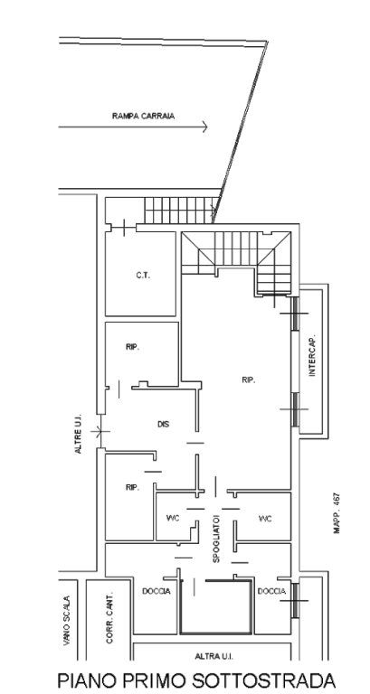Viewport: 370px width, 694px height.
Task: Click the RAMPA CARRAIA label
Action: tap(143, 116)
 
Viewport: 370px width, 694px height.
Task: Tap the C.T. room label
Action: tap(143, 276)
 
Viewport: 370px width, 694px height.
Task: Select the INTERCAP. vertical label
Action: tap(312, 355)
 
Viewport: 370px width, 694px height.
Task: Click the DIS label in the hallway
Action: tap(164, 424)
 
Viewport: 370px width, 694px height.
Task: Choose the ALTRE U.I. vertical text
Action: tap(78, 434)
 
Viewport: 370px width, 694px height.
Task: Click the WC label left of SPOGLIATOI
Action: tap(173, 519)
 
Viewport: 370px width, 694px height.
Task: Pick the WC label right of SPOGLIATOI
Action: tap(265, 519)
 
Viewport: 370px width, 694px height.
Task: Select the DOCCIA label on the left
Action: tap(156, 591)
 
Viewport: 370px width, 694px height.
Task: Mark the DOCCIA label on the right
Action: tap(271, 591)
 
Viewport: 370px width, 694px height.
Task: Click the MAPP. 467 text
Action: tap(337, 513)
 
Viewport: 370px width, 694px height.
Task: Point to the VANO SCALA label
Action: tap(66, 621)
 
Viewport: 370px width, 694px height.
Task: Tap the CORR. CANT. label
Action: tap(109, 617)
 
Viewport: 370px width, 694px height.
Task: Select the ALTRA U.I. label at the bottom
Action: tap(214, 656)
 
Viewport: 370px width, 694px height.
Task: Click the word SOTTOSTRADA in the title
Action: tap(263, 680)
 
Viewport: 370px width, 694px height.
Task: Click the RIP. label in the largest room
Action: tap(249, 380)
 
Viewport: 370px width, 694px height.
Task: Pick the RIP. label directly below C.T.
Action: tap(132, 347)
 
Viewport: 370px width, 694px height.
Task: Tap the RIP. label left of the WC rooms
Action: tap(132, 487)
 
